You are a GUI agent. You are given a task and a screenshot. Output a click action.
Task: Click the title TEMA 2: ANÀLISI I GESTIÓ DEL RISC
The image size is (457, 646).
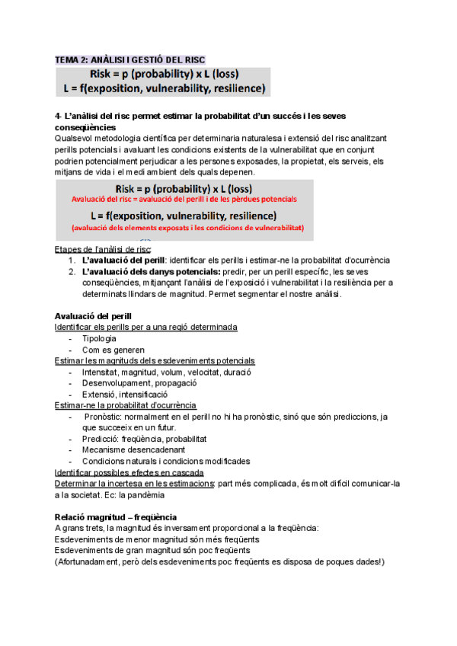[130, 59]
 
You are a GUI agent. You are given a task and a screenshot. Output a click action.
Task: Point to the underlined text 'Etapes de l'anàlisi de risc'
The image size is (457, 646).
[103, 249]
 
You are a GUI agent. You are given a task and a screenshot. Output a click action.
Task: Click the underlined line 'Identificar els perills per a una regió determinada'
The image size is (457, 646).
[146, 327]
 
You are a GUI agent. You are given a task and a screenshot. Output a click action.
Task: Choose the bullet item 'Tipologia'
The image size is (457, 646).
[99, 338]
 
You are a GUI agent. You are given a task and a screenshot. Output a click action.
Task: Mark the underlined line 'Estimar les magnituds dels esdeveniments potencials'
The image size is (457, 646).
[155, 360]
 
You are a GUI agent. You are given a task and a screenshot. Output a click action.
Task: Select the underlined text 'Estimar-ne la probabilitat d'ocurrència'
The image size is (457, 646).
[126, 405]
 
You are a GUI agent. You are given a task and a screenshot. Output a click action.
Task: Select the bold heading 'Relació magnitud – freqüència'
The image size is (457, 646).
[116, 516]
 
